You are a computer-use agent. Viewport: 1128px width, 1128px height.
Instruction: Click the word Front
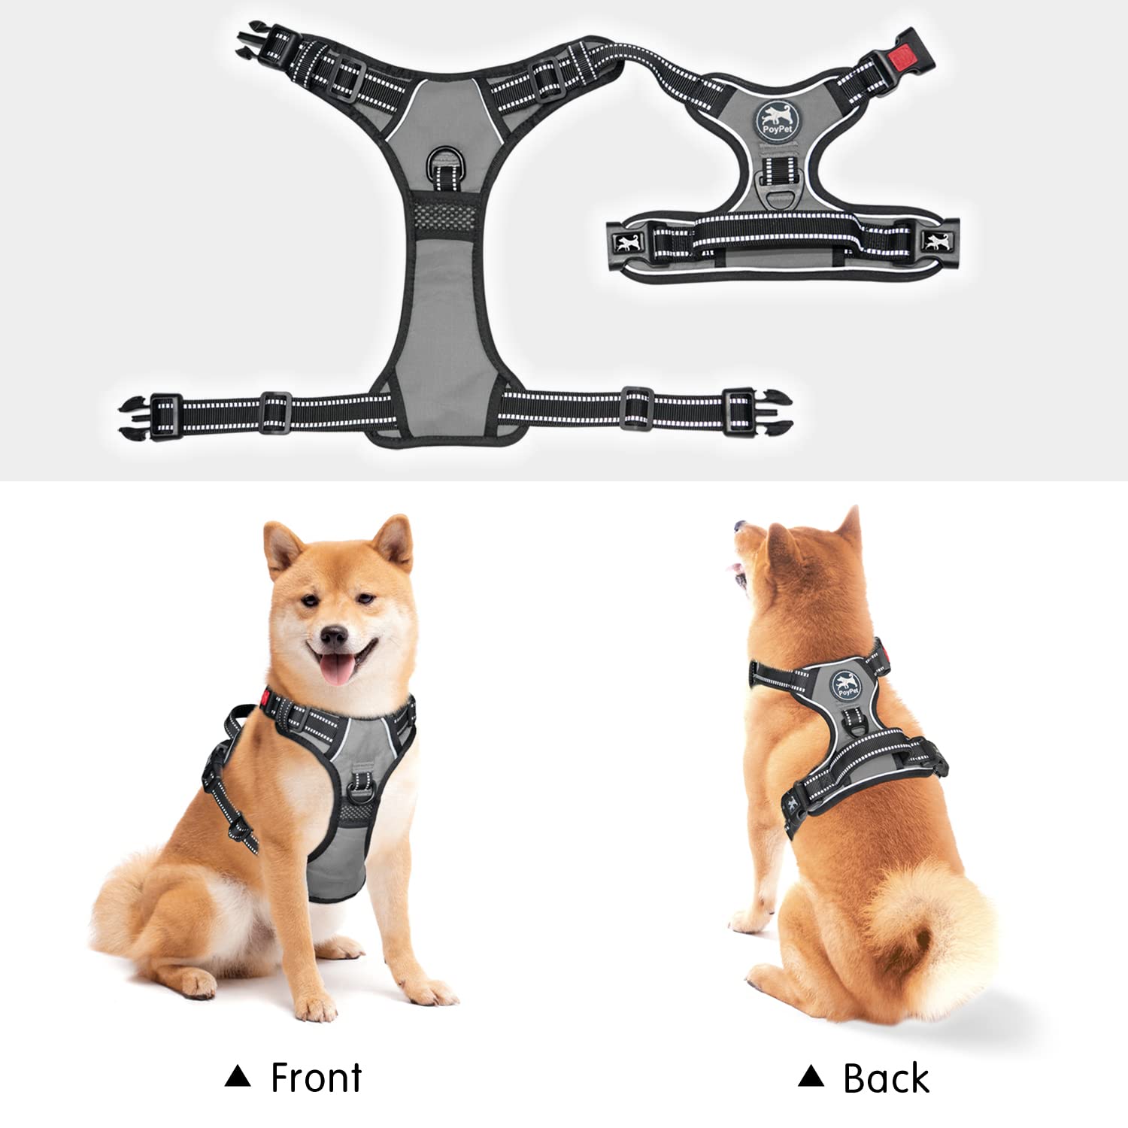[x=316, y=1077]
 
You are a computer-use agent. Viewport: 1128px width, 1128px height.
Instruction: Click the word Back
[x=886, y=1078]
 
